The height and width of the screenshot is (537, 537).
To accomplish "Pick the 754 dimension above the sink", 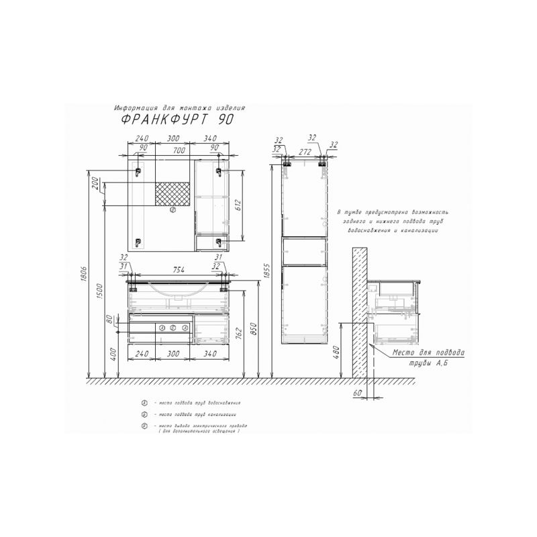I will pos(177,270).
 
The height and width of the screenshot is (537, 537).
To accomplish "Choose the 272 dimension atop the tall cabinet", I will pos(305,152).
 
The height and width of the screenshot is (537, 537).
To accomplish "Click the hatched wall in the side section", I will pos(359,309).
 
